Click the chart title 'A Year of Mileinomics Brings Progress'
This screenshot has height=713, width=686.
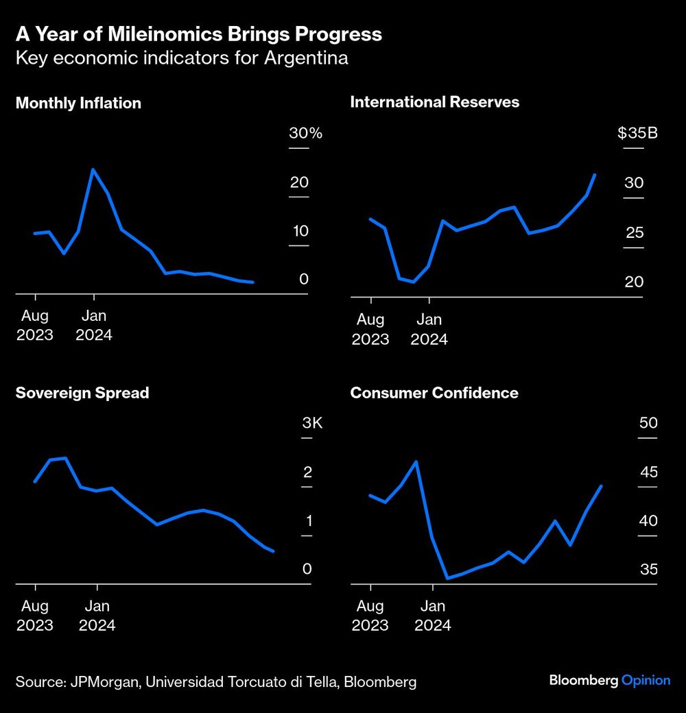click(x=198, y=34)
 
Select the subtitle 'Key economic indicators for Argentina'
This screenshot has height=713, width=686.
click(x=181, y=58)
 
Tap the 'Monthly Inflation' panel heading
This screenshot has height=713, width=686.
click(x=78, y=104)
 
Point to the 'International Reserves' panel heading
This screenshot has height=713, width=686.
click(x=434, y=102)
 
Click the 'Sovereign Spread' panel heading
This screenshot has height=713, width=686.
click(x=82, y=393)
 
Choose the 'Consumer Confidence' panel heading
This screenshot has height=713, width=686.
click(x=434, y=393)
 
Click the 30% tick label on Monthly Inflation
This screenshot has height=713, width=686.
click(x=305, y=133)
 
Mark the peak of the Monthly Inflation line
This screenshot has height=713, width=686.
click(x=93, y=169)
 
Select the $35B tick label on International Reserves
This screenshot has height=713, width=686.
click(x=637, y=133)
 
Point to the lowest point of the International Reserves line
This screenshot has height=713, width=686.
click(x=413, y=282)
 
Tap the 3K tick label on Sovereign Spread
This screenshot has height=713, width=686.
click(x=312, y=423)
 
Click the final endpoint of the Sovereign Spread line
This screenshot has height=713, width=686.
click(x=274, y=551)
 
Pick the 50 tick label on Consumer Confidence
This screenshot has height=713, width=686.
click(x=648, y=423)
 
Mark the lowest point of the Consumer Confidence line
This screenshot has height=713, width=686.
click(x=447, y=578)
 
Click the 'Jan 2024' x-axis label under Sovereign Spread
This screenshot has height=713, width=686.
click(x=97, y=616)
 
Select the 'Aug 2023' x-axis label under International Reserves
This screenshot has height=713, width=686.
click(x=370, y=329)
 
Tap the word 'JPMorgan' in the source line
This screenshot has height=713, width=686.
click(x=101, y=682)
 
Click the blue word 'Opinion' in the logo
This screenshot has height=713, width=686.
click(x=646, y=680)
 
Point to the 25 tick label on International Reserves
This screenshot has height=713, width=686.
click(x=635, y=233)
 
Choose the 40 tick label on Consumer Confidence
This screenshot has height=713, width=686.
click(x=648, y=521)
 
